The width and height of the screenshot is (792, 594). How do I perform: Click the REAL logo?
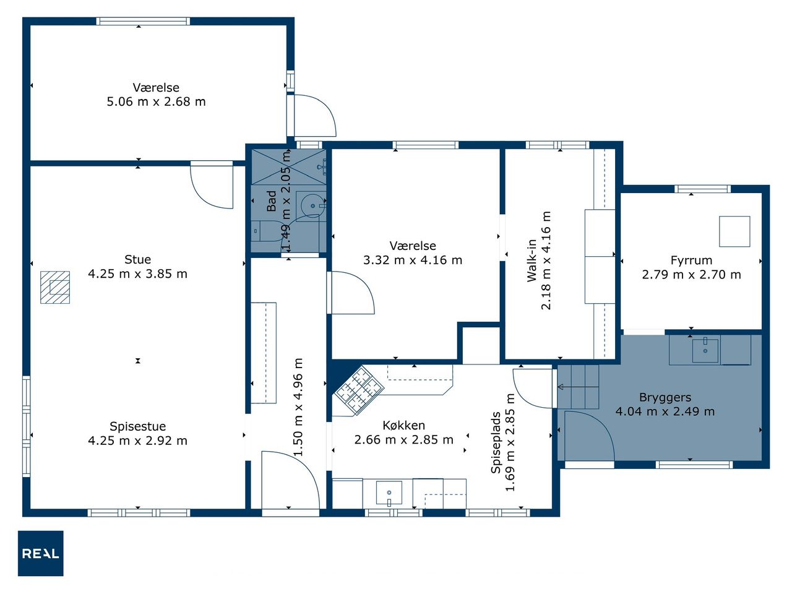coord(41,553)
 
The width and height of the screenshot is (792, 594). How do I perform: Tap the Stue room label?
coord(137,259)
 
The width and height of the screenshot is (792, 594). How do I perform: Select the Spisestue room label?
coord(138,426)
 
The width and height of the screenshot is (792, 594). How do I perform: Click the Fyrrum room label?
coord(691,260)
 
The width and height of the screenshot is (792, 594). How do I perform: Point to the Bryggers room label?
coord(665,397)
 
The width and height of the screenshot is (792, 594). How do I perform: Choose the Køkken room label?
coord(404,425)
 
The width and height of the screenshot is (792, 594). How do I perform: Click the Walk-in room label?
coord(532,260)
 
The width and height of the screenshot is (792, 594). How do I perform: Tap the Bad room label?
coord(272,201)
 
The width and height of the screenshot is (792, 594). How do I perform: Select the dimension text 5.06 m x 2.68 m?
coord(157,101)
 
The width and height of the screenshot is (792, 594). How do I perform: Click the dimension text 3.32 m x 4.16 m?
coord(413,260)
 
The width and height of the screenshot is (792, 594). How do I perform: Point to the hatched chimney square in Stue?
coord(55,288)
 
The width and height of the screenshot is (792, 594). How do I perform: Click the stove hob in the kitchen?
coord(358,391)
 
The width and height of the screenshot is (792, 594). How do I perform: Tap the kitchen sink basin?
coord(389,493)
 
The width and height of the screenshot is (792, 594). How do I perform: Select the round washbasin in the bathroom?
coord(312,206)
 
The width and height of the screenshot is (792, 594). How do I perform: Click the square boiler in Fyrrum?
coord(734,231)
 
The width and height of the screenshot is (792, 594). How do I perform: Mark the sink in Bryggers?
coord(705,351)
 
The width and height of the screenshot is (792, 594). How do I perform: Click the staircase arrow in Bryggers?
coord(578,387)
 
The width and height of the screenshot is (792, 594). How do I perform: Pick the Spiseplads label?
coord(496,442)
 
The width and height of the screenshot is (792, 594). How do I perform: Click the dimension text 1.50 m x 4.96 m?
coord(298,407)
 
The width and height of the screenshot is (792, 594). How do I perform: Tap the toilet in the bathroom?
coord(265,231)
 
